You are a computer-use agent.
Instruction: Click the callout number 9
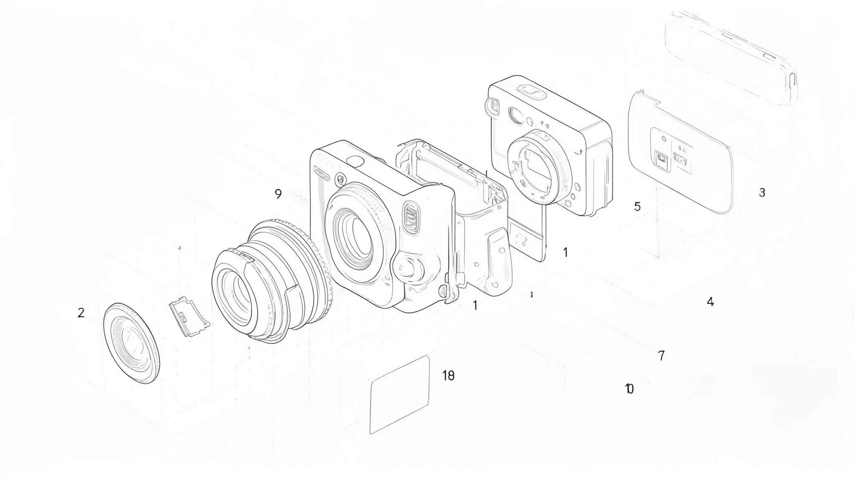click(x=278, y=194)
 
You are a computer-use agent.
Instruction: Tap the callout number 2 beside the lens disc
click(x=81, y=312)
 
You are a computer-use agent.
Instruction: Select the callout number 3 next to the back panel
click(x=762, y=192)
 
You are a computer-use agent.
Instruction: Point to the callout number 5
click(x=637, y=206)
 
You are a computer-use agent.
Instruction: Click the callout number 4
click(x=711, y=301)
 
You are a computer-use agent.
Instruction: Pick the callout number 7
click(x=661, y=356)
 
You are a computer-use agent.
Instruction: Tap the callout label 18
click(x=448, y=376)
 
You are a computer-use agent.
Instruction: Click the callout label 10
click(x=629, y=389)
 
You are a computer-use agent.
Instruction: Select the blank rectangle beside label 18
click(x=400, y=394)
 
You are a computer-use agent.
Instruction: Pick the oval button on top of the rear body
click(x=531, y=91)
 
